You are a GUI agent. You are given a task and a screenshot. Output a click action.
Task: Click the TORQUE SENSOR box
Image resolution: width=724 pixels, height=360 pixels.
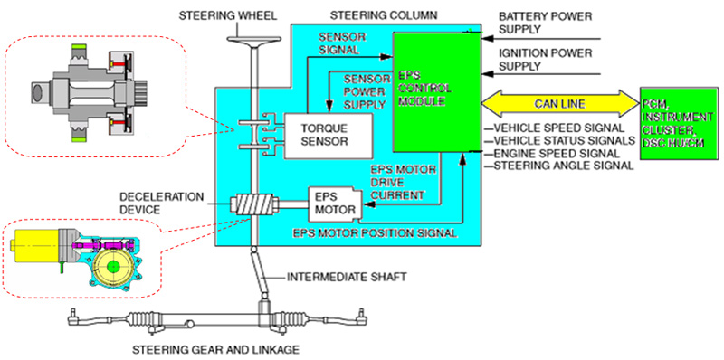pos(328,137)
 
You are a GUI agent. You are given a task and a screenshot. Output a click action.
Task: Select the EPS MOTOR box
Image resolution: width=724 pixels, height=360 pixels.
pos(335,204)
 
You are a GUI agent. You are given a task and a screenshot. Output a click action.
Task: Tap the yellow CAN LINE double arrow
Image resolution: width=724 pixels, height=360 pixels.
pos(559,104)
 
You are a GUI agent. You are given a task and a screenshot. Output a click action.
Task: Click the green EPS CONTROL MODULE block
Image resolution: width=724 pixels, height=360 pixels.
pos(436,92)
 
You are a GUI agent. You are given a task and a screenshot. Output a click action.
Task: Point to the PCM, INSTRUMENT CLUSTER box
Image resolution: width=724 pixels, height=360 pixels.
pos(680,124)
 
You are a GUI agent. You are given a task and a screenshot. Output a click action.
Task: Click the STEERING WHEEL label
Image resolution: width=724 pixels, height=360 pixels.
pos(228,16)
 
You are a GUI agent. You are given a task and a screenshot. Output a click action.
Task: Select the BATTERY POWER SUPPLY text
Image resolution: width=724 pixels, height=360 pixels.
pos(546,24)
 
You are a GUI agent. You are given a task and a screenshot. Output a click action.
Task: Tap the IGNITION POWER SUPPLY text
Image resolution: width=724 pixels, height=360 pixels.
pos(546,60)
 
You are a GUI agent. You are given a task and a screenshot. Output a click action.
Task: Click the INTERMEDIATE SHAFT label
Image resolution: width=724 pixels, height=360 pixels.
pos(347,278)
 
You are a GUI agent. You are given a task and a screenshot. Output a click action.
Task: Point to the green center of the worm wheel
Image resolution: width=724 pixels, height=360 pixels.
pos(111,267)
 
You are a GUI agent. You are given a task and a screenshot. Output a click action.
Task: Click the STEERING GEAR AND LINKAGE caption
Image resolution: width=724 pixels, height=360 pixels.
pos(215,349)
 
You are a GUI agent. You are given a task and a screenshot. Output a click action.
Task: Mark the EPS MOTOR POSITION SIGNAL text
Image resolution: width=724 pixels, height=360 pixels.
pos(376,233)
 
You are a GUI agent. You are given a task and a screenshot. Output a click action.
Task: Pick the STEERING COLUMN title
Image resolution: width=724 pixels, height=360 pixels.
pos(382,16)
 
